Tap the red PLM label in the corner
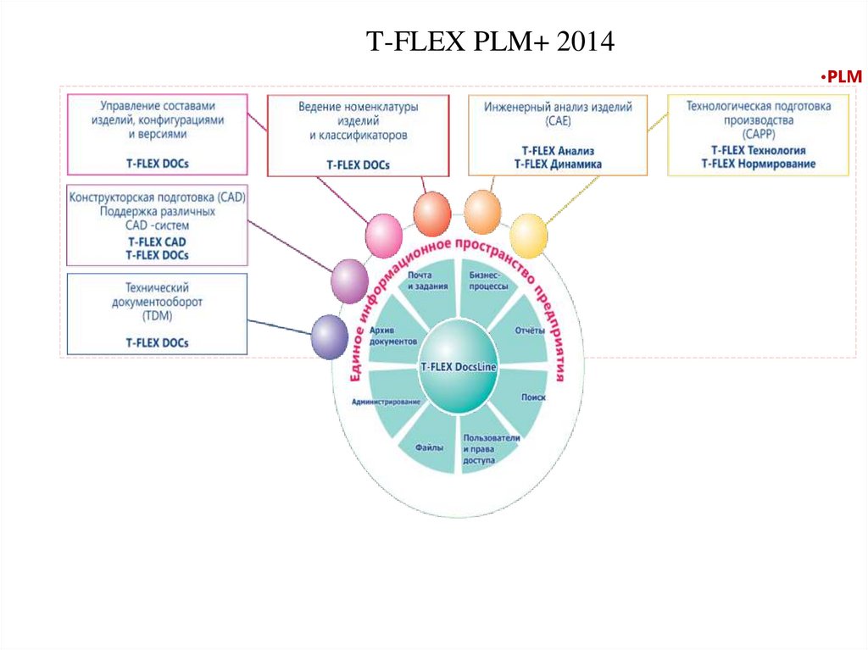tap(842, 77)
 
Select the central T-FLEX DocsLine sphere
tap(458, 367)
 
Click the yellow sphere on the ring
tap(528, 236)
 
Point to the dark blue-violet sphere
tap(330, 336)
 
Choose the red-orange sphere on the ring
tap(431, 212)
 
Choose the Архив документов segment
tap(393, 334)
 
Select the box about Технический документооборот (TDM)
tap(157, 313)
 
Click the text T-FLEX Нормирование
tap(758, 164)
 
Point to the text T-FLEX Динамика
tap(558, 164)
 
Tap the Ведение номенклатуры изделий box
tap(358, 135)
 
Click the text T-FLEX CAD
tap(157, 242)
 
